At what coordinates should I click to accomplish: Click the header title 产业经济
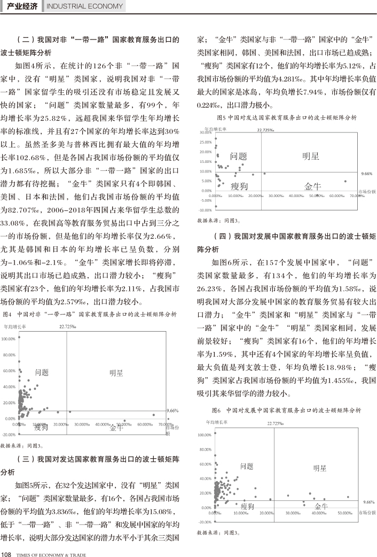[x=22, y=6]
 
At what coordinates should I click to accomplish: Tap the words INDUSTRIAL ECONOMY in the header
[x=84, y=7]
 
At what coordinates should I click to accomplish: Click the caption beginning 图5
[x=286, y=117]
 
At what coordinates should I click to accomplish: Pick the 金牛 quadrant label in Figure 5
[x=312, y=186]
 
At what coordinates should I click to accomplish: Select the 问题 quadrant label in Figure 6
[x=247, y=466]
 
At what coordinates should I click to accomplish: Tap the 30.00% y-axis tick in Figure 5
[x=206, y=132]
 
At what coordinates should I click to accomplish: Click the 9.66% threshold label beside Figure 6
[x=367, y=502]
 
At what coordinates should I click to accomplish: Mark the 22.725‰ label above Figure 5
[x=265, y=129]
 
